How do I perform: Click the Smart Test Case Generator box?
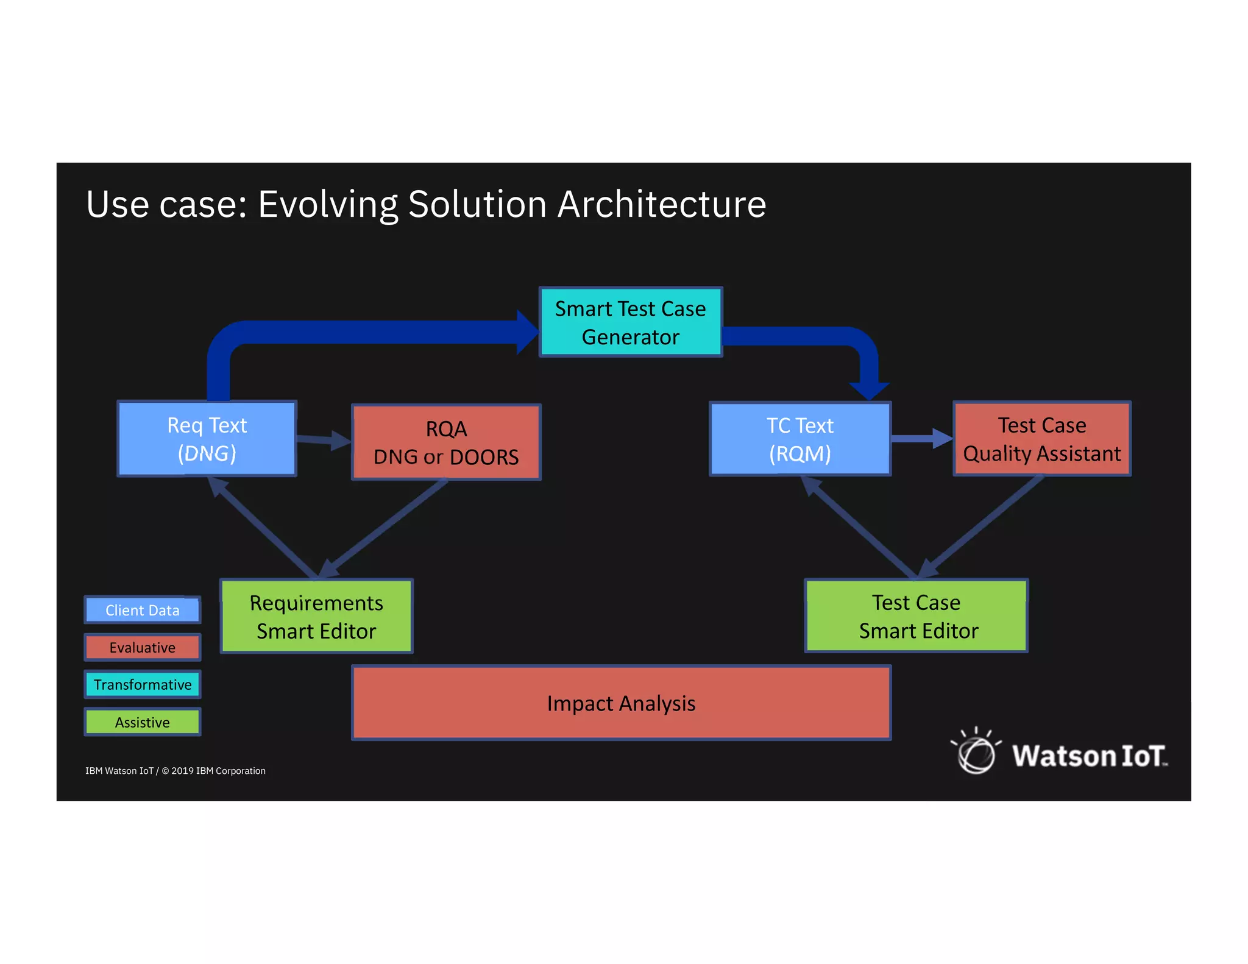coord(630,322)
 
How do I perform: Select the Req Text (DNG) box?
coord(207,439)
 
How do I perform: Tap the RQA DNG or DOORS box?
coord(446,442)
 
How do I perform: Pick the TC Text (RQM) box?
coord(799,439)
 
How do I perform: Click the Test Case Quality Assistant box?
coord(1041,439)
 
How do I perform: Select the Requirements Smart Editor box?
coord(316,616)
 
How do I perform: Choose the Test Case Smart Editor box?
coord(916,616)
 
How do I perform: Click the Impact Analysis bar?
coord(621,703)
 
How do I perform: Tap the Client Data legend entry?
coord(142,610)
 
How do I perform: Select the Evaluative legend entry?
coord(142,647)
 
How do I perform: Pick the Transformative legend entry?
coord(142,685)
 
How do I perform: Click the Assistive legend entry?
coord(142,722)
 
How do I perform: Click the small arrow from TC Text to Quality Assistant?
coord(921,438)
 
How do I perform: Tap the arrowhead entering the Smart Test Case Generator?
coord(525,332)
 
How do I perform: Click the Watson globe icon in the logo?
coord(976,753)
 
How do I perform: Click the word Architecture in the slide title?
coord(662,204)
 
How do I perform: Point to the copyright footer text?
coord(175,771)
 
